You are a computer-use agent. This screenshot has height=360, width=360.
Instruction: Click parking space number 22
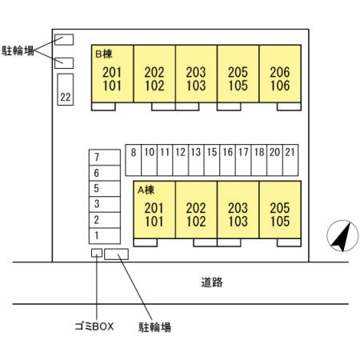coord(66,90)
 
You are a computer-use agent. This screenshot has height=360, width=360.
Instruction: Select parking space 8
coord(133,160)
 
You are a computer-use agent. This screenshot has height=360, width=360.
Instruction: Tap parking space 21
coord(290,160)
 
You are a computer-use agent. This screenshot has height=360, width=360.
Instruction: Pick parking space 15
coord(212,160)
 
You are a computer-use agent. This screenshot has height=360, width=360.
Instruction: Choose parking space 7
coord(105,158)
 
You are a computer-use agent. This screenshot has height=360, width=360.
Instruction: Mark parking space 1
coord(105,236)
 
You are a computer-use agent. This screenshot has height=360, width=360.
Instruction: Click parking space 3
coord(105,205)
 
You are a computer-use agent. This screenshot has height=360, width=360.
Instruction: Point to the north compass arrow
coord(342,236)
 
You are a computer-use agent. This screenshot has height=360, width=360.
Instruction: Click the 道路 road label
coord(212,282)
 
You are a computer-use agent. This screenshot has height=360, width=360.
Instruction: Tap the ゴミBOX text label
coord(94,326)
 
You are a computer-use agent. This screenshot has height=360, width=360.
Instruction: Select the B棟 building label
coord(104,54)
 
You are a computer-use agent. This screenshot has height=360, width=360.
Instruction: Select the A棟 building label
coord(146,190)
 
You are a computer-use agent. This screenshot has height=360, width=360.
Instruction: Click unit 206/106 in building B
coord(280,74)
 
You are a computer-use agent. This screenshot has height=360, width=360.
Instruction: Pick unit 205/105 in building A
coord(280,210)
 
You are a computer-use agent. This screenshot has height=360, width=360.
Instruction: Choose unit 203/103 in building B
coord(196,74)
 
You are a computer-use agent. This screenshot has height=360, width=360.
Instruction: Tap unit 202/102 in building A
coord(196,210)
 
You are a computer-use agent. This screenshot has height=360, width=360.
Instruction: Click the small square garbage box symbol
coord(97,253)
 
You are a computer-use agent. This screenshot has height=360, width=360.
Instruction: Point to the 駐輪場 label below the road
coord(154,327)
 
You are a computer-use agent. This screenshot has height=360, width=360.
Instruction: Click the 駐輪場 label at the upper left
coord(18,50)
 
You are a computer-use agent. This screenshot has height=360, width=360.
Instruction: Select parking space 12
coord(180,160)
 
